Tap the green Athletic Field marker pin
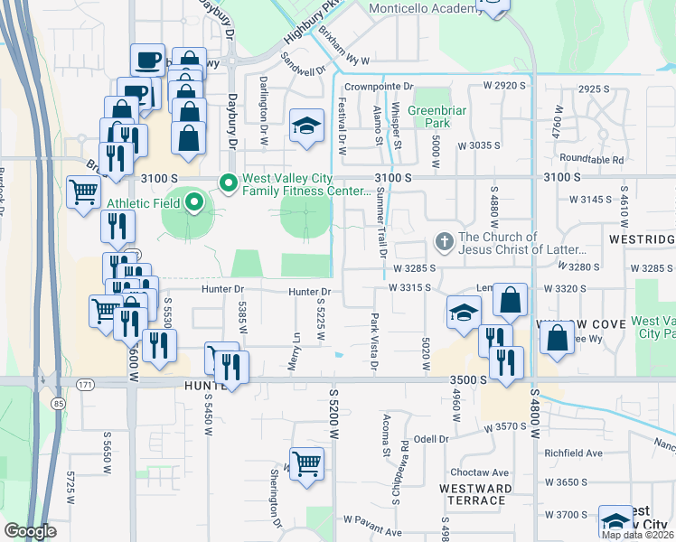[x=193, y=203]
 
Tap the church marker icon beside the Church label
[x=444, y=242]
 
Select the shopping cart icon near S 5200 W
[x=307, y=464]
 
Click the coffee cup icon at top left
[x=147, y=61]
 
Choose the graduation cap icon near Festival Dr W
[x=307, y=126]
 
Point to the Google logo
[x=30, y=531]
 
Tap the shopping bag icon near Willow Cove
[x=558, y=340]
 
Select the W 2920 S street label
[x=504, y=85]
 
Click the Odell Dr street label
[x=431, y=439]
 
